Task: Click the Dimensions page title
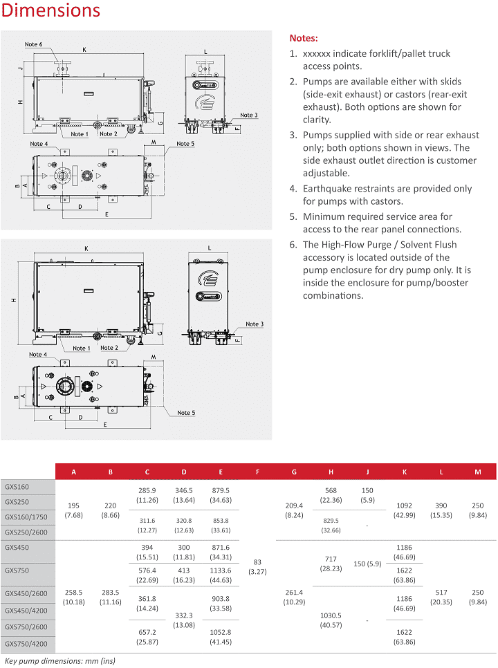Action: point(50,11)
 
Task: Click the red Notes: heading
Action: point(304,38)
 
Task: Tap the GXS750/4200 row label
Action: point(27,643)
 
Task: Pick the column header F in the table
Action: point(257,472)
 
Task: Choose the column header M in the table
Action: point(478,472)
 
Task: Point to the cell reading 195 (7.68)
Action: point(74,510)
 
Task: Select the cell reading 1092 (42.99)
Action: point(405,510)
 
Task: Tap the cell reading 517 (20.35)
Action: point(441,597)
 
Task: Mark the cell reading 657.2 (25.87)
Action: point(147,637)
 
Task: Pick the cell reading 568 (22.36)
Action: point(331,495)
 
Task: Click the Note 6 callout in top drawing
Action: point(33,44)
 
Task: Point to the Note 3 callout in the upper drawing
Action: point(249,115)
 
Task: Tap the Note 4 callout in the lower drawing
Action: point(38,355)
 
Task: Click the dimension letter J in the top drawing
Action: point(21,68)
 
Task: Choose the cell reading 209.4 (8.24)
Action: point(294,510)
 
